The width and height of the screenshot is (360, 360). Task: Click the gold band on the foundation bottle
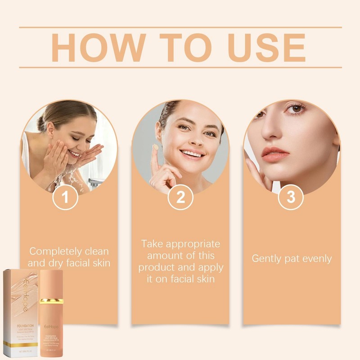tap(51, 301)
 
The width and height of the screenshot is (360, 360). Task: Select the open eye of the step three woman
tap(296, 109)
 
